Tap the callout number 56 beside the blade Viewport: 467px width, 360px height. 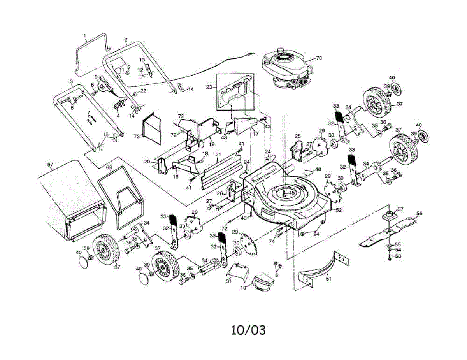point(419,214)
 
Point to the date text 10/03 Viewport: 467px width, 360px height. point(248,330)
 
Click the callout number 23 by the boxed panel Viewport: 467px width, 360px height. point(209,88)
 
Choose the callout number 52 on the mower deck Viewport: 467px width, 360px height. point(339,210)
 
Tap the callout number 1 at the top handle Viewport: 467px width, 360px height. point(85,35)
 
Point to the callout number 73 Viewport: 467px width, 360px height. point(137,136)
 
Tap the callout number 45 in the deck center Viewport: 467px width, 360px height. point(291,193)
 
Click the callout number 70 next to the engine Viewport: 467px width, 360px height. point(319,58)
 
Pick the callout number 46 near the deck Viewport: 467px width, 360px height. point(318,170)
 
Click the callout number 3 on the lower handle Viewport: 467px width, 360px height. point(72,81)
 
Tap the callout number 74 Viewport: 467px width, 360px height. point(272,242)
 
